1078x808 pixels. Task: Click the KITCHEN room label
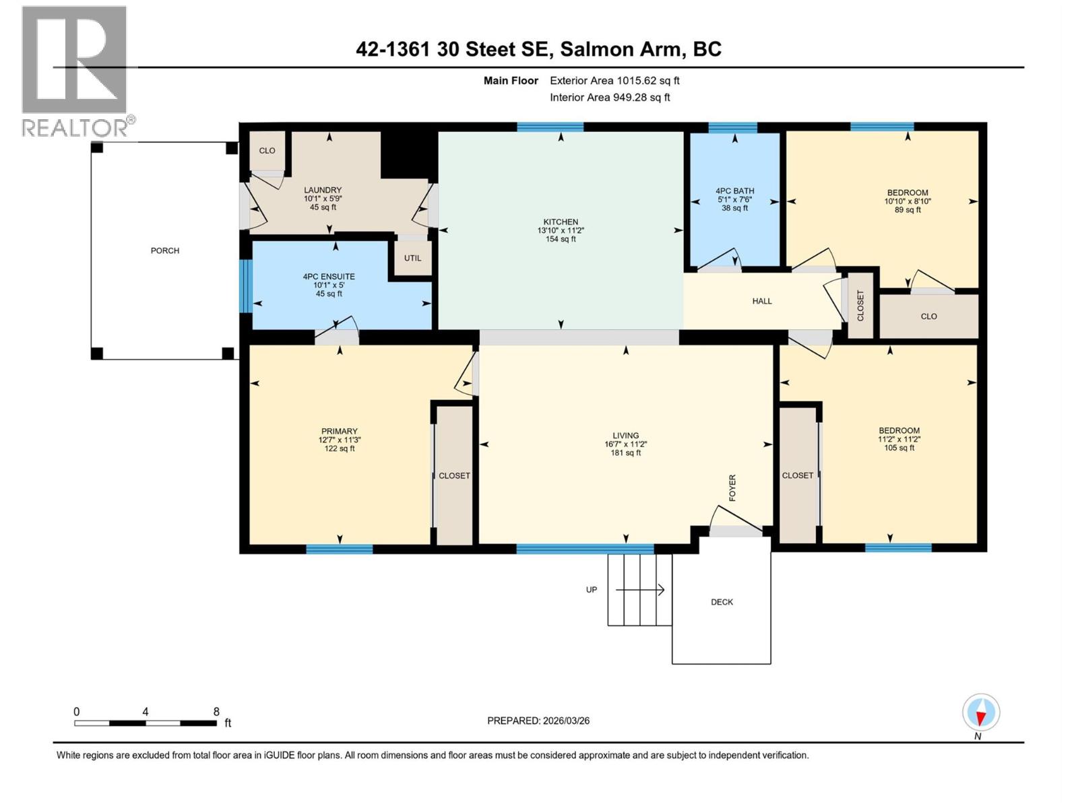click(561, 222)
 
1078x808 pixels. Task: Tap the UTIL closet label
click(412, 258)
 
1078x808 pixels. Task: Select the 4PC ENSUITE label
click(329, 277)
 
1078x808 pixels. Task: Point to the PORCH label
click(165, 250)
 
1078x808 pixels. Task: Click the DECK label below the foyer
click(722, 602)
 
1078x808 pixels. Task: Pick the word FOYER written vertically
click(732, 487)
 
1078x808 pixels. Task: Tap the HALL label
click(762, 301)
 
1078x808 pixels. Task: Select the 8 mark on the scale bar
click(216, 712)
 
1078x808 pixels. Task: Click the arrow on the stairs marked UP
click(640, 590)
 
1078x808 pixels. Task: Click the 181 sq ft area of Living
click(625, 453)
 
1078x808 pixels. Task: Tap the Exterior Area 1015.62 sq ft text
click(614, 81)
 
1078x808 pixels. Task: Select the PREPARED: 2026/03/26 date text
click(538, 720)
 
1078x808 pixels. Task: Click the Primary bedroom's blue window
click(340, 549)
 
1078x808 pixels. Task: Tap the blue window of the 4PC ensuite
click(246, 286)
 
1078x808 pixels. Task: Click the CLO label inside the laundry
click(267, 151)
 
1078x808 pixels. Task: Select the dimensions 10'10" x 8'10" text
click(908, 201)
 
